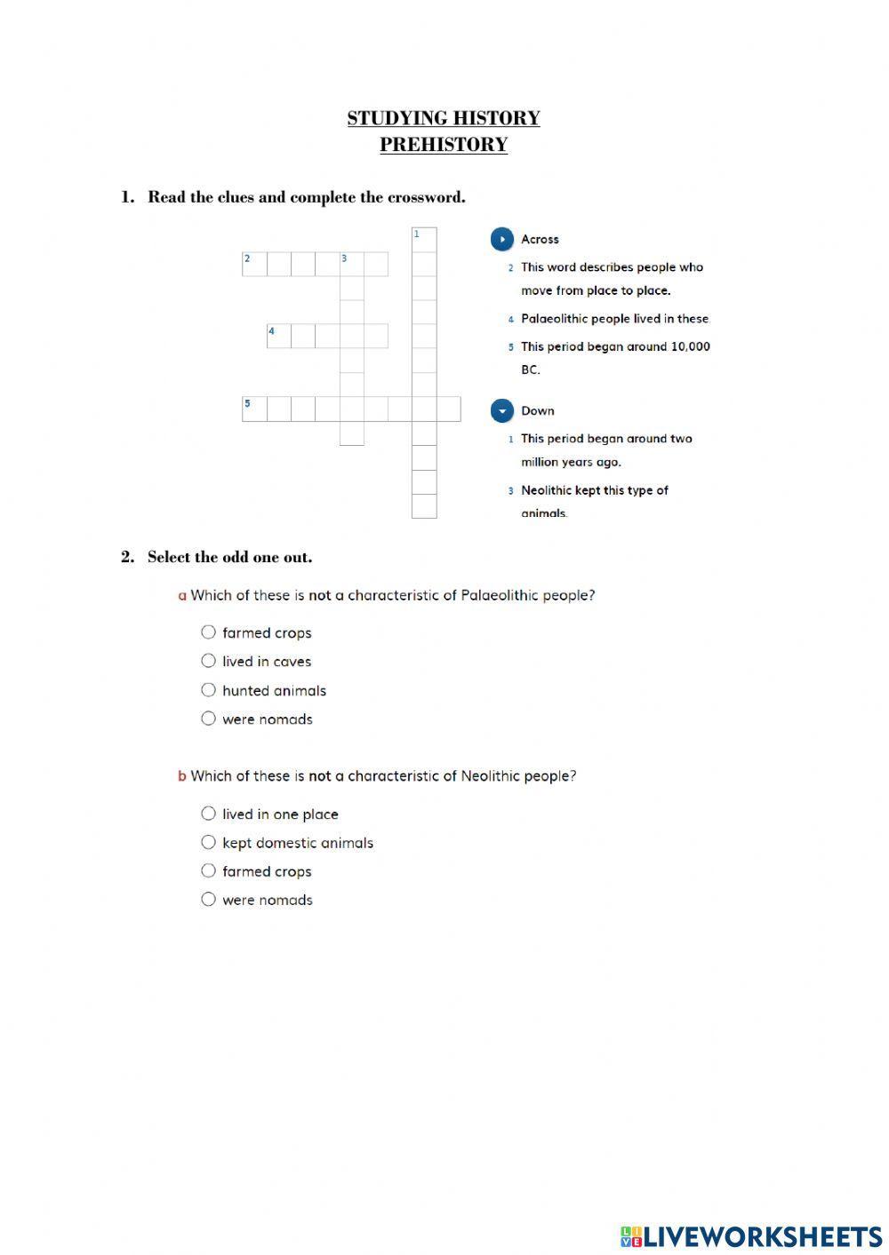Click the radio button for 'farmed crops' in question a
tap(208, 632)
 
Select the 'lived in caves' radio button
tap(208, 661)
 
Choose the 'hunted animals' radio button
tap(208, 690)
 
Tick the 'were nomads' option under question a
tap(208, 719)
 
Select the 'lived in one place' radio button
tap(208, 814)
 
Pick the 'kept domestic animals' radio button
tap(208, 842)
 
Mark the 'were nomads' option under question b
tap(208, 900)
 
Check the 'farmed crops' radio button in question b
tap(208, 871)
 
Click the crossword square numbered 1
tap(424, 240)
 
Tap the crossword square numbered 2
tap(254, 264)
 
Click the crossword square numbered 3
tap(352, 264)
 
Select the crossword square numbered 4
tap(279, 336)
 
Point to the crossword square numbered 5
tap(254, 409)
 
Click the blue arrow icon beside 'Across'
tap(502, 239)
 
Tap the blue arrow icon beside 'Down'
tap(502, 410)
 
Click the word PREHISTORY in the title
tap(444, 145)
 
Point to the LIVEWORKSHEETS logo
tap(751, 1236)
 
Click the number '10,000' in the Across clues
tap(690, 346)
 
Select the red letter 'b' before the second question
tap(182, 776)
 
